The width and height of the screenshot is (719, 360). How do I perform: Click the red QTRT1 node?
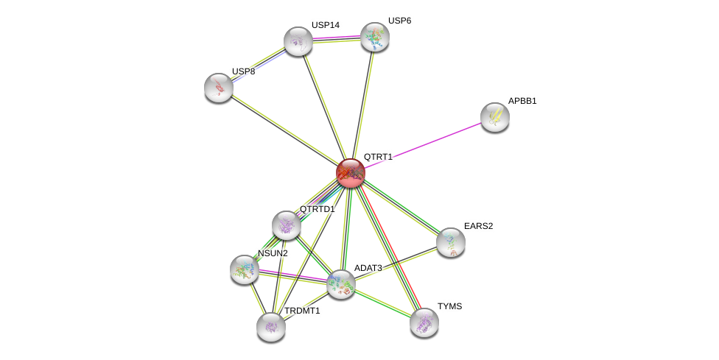point(351,173)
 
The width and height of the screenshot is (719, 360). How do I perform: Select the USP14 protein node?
point(298,41)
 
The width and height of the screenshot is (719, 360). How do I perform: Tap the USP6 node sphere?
point(374,37)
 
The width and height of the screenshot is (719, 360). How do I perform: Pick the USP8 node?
point(219,88)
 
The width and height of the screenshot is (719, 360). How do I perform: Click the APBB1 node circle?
point(494,116)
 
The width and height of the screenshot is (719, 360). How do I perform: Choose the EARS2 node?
point(450,241)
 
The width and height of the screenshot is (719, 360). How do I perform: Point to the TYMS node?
point(424,322)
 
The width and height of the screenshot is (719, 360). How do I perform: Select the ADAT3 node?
point(341,283)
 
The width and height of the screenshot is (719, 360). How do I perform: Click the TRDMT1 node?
point(271,326)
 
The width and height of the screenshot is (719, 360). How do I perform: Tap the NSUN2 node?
point(245,269)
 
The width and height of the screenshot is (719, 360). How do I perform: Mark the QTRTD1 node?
point(286,225)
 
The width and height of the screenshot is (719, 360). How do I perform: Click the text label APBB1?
point(522,101)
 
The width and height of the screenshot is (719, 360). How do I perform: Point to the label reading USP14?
point(325,25)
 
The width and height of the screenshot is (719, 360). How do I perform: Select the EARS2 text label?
point(478,226)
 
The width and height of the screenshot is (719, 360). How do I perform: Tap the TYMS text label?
point(449,306)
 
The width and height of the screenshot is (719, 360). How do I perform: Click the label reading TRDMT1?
point(302,311)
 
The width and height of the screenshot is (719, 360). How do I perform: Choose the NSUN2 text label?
point(273,253)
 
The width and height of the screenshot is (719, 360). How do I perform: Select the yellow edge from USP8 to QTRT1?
point(284,130)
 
